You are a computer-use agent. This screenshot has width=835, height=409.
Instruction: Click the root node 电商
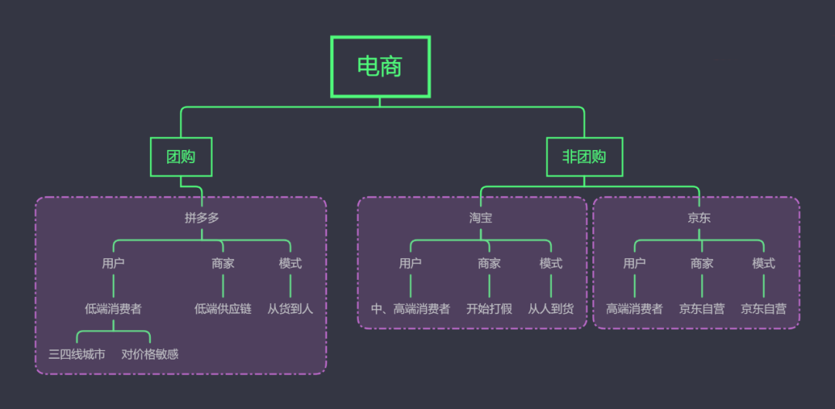380,66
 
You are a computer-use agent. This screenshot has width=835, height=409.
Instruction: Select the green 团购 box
181,157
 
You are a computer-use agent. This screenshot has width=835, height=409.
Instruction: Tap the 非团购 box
584,157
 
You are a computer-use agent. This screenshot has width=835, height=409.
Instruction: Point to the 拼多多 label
202,218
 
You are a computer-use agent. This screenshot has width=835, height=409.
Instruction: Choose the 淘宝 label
480,218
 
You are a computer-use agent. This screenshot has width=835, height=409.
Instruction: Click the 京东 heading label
699,218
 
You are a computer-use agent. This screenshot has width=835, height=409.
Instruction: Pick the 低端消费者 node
113,309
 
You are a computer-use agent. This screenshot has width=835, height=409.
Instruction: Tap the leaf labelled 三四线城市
77,355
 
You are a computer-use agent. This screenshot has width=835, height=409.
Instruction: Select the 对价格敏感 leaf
150,355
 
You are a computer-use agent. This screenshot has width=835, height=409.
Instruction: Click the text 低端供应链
223,309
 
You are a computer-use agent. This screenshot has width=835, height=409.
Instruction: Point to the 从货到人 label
290,309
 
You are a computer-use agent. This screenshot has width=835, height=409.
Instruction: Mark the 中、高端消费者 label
411,309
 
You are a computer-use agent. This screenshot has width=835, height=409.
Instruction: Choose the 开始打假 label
489,309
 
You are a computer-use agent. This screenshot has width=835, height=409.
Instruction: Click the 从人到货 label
550,309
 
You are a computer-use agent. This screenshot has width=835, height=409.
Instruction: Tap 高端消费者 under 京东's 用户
634,309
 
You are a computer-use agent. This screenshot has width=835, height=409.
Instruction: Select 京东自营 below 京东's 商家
702,309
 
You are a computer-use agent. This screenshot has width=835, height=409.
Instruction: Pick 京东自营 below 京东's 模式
763,309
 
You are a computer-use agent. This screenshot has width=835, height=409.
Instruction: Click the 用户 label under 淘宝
411,264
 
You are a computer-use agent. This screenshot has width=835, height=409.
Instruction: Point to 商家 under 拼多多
223,264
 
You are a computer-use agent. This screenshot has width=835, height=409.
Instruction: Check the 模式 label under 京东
763,264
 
